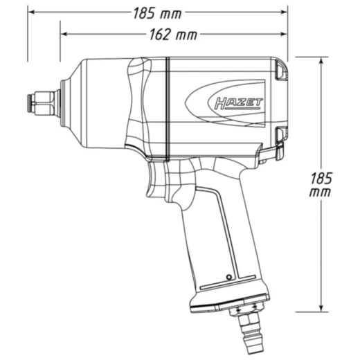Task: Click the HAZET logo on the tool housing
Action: pyautogui.click(x=239, y=103)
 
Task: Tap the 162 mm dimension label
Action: pyautogui.click(x=173, y=35)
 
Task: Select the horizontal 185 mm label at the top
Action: pyautogui.click(x=158, y=13)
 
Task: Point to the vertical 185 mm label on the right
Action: pyautogui.click(x=321, y=184)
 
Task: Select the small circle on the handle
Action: pyautogui.click(x=229, y=277)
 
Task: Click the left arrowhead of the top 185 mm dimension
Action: pyautogui.click(x=31, y=12)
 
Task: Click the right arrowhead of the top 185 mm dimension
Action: pyautogui.click(x=284, y=12)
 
